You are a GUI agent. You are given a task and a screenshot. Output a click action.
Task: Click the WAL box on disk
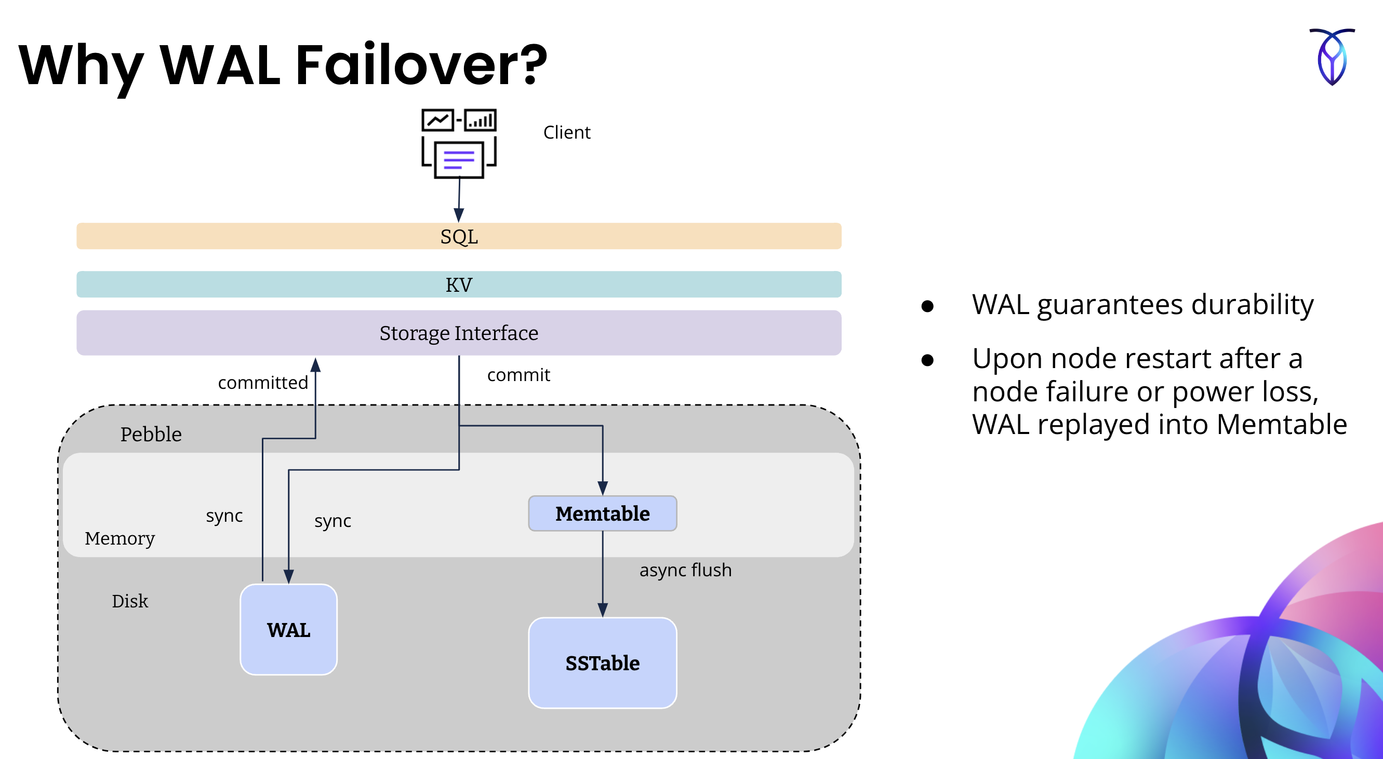click(x=288, y=629)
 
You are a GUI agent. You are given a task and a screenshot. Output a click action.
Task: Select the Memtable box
click(x=602, y=513)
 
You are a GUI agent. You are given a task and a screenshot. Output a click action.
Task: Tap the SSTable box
click(x=602, y=663)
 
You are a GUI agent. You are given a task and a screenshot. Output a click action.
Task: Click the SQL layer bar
click(x=459, y=236)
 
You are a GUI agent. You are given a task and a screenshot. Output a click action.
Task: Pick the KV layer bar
click(x=459, y=284)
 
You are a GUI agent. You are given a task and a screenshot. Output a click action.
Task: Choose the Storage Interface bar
click(x=459, y=333)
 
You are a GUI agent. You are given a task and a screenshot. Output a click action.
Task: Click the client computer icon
click(x=459, y=143)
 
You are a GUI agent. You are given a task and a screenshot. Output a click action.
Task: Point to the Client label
click(x=566, y=132)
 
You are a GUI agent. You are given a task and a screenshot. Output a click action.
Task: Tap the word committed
click(x=262, y=383)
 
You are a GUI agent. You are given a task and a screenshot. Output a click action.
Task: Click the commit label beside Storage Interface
click(x=518, y=374)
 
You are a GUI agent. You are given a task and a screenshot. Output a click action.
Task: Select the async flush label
click(x=685, y=570)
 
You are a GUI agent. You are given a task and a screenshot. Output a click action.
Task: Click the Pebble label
click(x=151, y=434)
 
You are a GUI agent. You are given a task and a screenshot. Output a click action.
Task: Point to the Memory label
click(x=119, y=538)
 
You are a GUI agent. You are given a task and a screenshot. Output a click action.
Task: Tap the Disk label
click(x=129, y=601)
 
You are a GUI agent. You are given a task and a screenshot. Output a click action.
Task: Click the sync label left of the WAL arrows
click(x=224, y=516)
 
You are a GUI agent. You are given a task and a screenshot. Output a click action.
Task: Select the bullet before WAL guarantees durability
click(x=927, y=306)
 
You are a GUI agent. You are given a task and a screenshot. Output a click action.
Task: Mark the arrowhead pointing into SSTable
click(x=602, y=610)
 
